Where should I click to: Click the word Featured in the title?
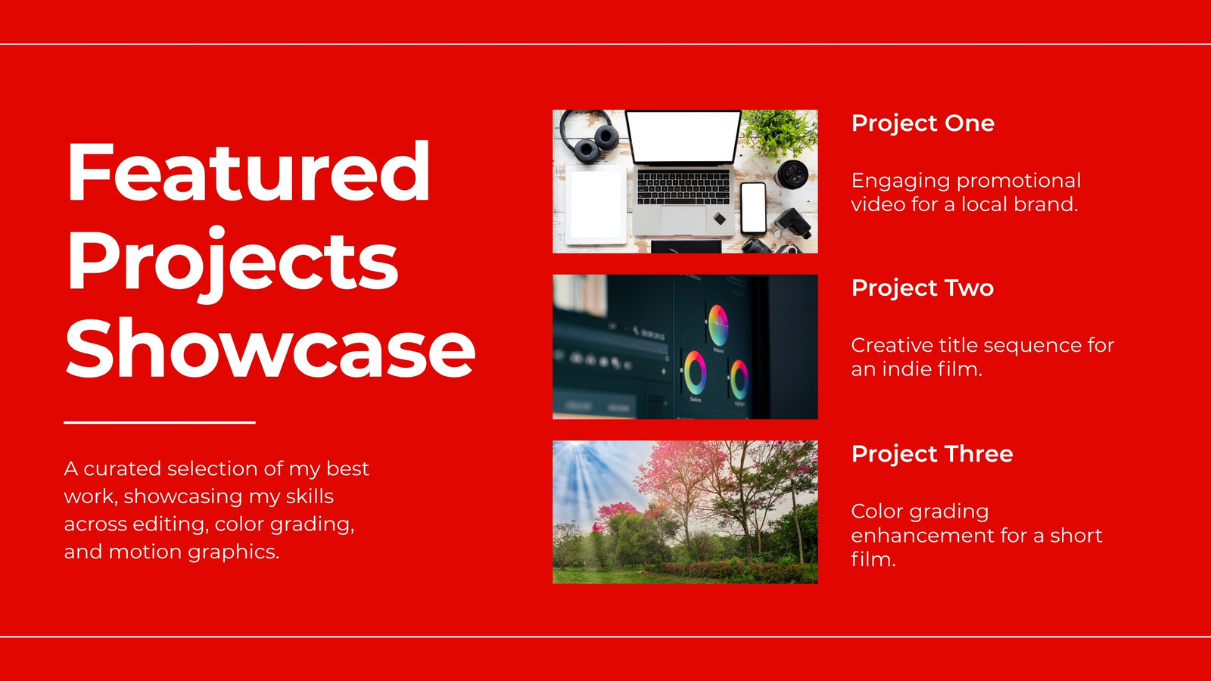pos(248,171)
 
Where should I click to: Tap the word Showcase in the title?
pos(270,347)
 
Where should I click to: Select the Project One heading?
pos(923,124)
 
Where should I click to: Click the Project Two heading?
pos(923,288)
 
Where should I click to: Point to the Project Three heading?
pos(932,454)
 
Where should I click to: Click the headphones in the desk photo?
pos(590,135)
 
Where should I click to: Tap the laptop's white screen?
pos(683,137)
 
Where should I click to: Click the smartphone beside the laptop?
pos(753,208)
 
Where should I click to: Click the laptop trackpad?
pos(683,219)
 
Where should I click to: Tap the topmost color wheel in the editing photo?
pos(718,325)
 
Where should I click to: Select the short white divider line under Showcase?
pos(160,422)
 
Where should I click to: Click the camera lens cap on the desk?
pos(792,174)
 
